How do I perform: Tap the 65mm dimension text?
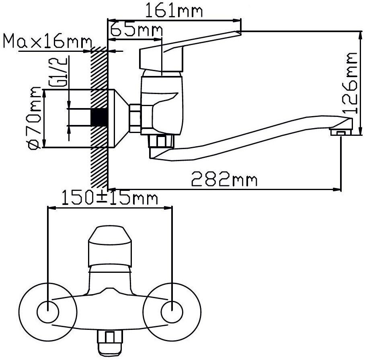[136, 30]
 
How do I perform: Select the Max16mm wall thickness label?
[47, 41]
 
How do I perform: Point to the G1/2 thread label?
[58, 72]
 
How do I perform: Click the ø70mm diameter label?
[35, 118]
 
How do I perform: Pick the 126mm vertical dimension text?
[349, 83]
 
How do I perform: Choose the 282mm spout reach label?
[224, 179]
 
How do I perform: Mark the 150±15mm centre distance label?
[110, 198]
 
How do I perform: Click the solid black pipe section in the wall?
[99, 117]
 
